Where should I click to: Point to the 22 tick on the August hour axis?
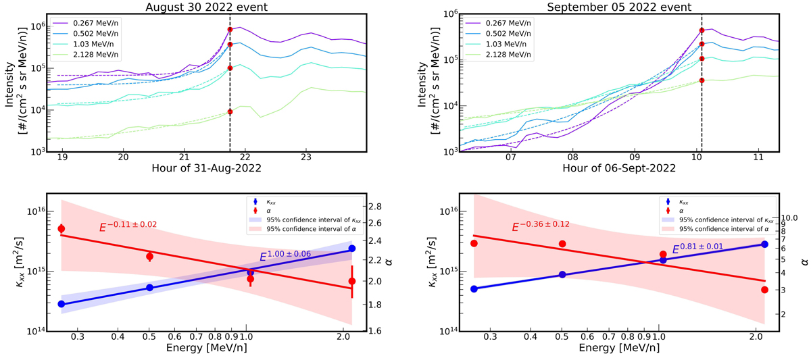click(x=245, y=157)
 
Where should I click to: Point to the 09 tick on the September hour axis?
click(x=635, y=157)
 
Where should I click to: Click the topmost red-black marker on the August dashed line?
click(x=230, y=30)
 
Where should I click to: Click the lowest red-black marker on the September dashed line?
click(x=702, y=80)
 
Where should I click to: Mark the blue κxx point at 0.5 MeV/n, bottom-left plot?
click(x=150, y=288)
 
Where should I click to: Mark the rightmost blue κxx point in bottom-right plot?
click(x=764, y=245)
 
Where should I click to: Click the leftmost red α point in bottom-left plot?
click(x=62, y=229)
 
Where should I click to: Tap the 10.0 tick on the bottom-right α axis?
click(x=791, y=218)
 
